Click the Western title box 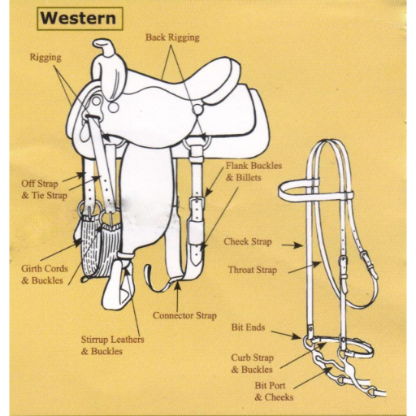click(80, 19)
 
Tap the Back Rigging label click(173, 37)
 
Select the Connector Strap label click(184, 315)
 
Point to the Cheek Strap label click(248, 241)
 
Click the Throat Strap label click(253, 270)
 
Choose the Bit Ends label click(248, 327)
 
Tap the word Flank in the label click(237, 166)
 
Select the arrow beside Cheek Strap click(292, 245)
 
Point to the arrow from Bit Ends click(286, 335)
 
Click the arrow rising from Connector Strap click(177, 296)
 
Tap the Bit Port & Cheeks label click(274, 392)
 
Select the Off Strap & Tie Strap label click(45, 189)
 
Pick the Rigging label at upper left click(45, 58)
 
